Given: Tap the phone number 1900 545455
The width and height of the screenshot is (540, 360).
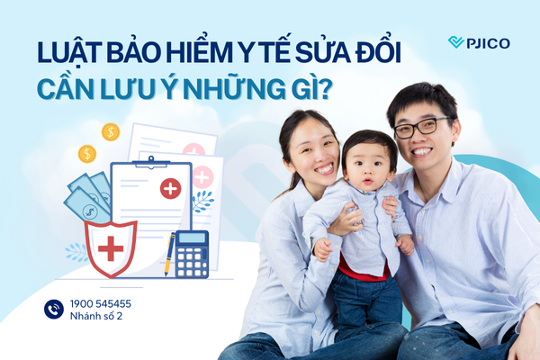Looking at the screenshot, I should [101, 304].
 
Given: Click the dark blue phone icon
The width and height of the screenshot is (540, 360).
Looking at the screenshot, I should [54, 310].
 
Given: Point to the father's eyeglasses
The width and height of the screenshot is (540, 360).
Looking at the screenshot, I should [421, 127].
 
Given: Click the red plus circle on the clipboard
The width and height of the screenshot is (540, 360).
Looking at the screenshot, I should [169, 188].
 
